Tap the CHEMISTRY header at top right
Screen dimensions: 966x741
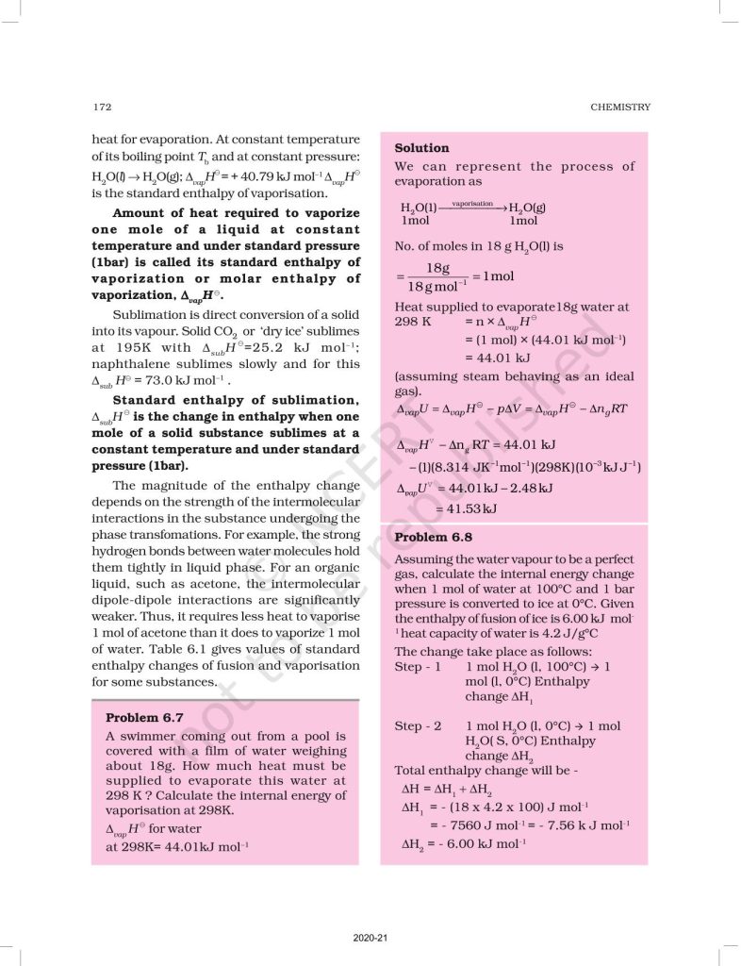(620, 107)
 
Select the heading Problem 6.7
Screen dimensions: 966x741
(147, 717)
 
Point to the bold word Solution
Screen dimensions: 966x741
(421, 148)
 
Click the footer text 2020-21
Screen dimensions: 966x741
(370, 938)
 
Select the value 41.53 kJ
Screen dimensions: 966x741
(466, 509)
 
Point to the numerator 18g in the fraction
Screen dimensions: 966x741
(437, 269)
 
